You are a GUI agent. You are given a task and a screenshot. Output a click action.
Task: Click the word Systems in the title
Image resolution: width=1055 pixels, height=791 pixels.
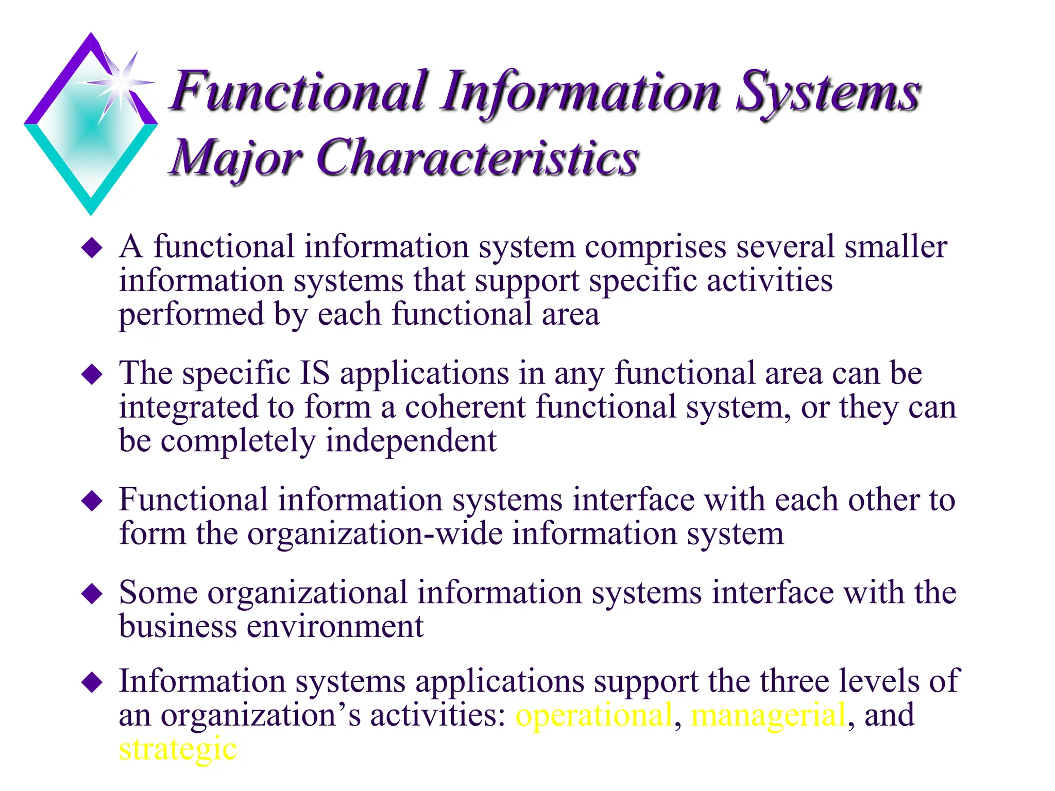point(827,93)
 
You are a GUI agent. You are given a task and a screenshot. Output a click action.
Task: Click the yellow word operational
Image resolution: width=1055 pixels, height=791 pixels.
point(594,716)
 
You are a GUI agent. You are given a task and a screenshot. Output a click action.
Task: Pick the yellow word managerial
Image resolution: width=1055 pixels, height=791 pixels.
point(768,716)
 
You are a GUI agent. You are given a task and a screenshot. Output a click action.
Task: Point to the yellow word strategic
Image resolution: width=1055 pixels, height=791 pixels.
point(178,749)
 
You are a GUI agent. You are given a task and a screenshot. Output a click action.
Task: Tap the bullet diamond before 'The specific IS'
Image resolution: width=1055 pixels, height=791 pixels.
point(92,374)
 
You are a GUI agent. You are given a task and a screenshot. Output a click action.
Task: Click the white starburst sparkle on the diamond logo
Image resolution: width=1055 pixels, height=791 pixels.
point(121,82)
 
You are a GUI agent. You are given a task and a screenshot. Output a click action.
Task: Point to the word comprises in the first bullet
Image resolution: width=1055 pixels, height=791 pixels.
point(655,248)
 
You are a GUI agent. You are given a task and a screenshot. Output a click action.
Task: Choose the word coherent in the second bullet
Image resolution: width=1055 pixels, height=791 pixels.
point(465,407)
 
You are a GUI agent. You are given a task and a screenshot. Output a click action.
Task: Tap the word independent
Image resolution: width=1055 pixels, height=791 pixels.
point(411,441)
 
